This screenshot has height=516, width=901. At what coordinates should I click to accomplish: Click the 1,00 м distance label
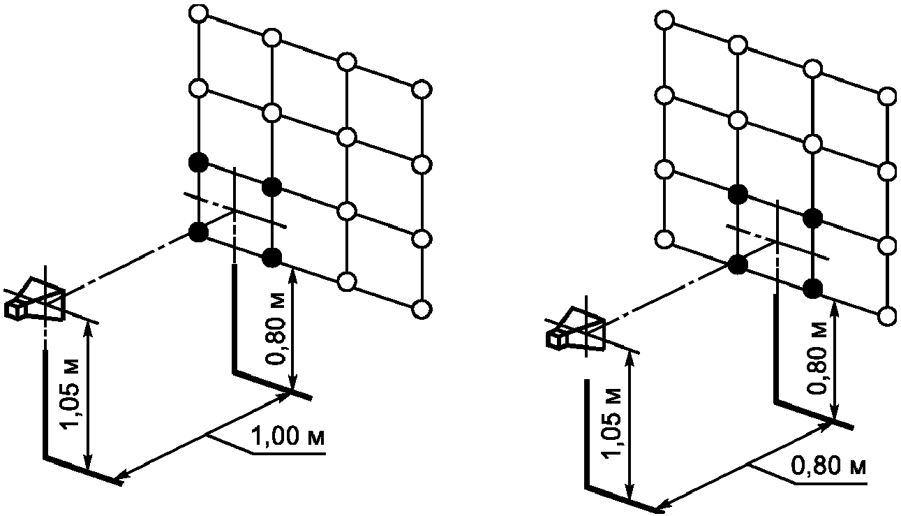pos(288,438)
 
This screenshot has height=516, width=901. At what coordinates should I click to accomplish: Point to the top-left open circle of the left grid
pos(199,13)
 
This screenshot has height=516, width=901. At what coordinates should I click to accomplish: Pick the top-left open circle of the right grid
pos(666,20)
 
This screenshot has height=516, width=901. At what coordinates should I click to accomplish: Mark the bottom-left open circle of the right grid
pos(666,240)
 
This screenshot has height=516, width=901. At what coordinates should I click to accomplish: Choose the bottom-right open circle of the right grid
pos(888,316)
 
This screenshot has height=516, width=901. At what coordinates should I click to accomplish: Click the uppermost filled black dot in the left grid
pos(199,163)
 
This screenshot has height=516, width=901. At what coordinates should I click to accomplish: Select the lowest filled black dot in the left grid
pos(272,258)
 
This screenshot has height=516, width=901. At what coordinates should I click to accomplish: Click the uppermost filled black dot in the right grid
pos(738,192)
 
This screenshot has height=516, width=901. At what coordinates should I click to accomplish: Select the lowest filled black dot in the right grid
pos(812,287)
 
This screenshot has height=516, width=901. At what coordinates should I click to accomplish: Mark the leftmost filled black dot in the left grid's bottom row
pos(199,233)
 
